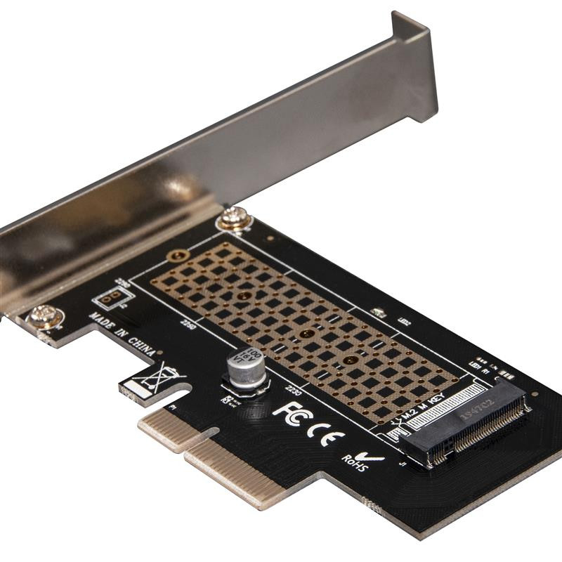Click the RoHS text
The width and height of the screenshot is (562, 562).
[355, 463]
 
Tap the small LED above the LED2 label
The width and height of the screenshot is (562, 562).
[377, 312]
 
